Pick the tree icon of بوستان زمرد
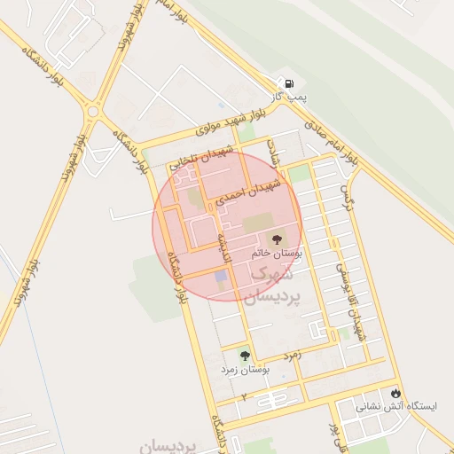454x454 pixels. pos(245,356)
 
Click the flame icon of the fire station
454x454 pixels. pos(395,392)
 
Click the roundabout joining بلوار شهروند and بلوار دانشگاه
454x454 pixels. pos(94,112)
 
